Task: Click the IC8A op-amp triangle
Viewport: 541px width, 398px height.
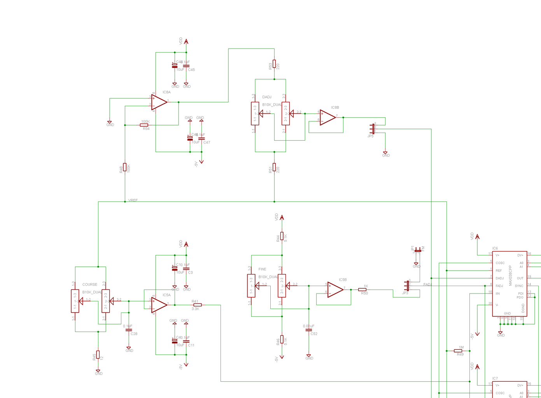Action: (158, 102)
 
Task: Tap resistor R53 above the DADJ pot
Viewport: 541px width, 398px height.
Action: (274, 64)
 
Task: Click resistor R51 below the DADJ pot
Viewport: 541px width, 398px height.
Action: (274, 168)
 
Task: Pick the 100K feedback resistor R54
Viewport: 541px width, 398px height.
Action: (144, 125)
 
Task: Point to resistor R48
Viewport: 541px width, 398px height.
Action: (125, 167)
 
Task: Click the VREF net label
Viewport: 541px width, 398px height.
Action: (133, 201)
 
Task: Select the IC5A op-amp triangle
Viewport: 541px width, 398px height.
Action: (158, 305)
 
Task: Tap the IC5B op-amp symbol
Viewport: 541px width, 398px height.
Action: (335, 290)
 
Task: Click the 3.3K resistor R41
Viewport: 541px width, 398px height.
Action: (197, 305)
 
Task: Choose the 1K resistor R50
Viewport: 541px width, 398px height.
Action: (362, 290)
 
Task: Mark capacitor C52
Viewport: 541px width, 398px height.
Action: (309, 330)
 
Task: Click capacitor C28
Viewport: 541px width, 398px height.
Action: (129, 330)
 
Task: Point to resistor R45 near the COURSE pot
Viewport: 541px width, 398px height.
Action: (98, 355)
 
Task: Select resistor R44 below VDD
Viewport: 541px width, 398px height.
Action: (282, 236)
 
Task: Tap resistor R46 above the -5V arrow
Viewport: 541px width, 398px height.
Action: (282, 339)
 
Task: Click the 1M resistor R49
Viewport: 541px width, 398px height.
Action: (458, 351)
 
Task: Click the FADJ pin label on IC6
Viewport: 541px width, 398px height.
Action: (499, 286)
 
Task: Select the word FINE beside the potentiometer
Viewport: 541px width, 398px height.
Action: (262, 269)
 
